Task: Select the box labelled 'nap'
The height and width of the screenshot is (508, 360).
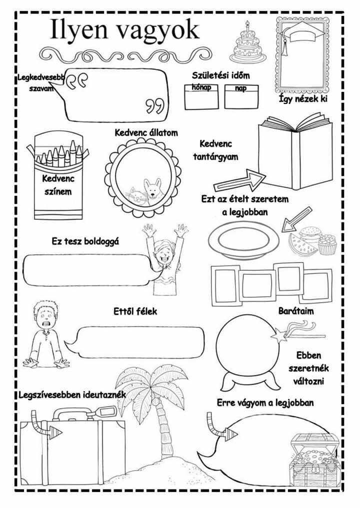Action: click(x=242, y=97)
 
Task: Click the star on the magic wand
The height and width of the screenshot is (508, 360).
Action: click(x=276, y=335)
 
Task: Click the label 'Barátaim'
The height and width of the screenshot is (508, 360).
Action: click(x=296, y=311)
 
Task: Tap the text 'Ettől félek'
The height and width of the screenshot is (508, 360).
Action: click(x=135, y=311)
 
